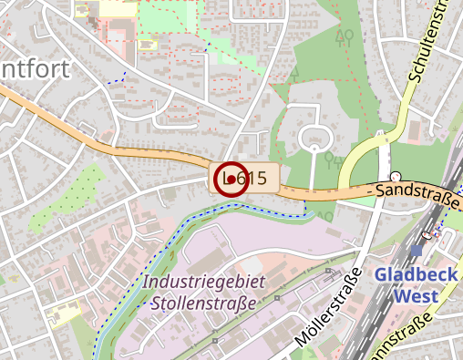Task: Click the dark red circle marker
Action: pos(231,180)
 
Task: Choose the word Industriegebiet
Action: pos(204,282)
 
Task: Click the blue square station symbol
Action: pos(417,250)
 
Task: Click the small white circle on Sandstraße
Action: pos(396,176)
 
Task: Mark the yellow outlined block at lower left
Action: pos(63,315)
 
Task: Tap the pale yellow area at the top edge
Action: pos(115,8)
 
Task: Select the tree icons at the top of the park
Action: pos(345,37)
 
